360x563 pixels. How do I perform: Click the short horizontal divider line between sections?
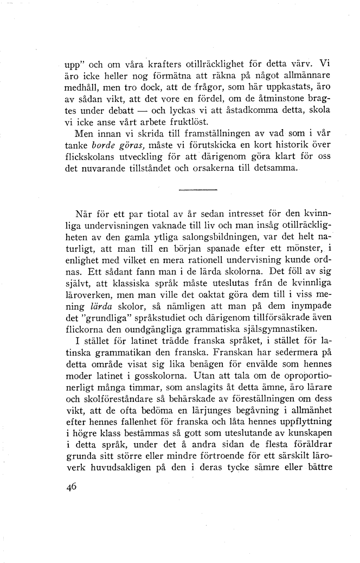[197, 190]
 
